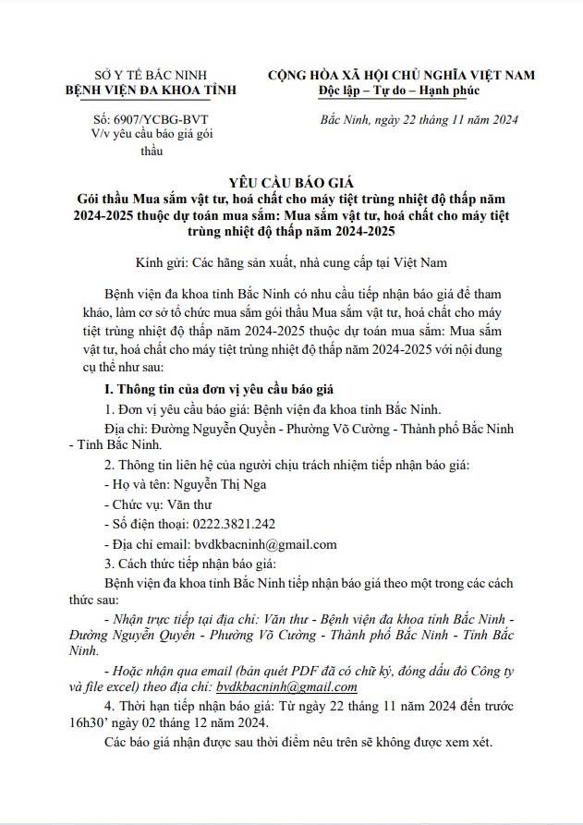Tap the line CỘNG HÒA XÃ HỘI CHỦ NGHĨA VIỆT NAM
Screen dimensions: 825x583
click(x=401, y=74)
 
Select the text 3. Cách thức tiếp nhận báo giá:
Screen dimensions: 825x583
click(x=185, y=564)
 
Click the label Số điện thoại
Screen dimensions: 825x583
click(x=149, y=524)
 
